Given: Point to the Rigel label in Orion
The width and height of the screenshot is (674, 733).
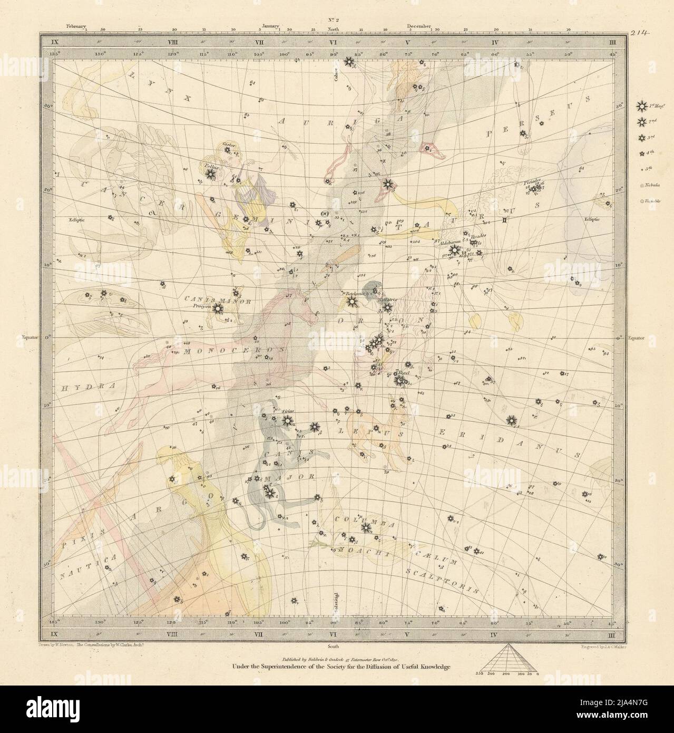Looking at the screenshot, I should (x=404, y=372).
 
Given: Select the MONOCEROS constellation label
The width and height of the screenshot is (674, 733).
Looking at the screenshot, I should (x=233, y=349).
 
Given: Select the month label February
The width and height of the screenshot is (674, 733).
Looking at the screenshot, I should (x=77, y=25).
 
